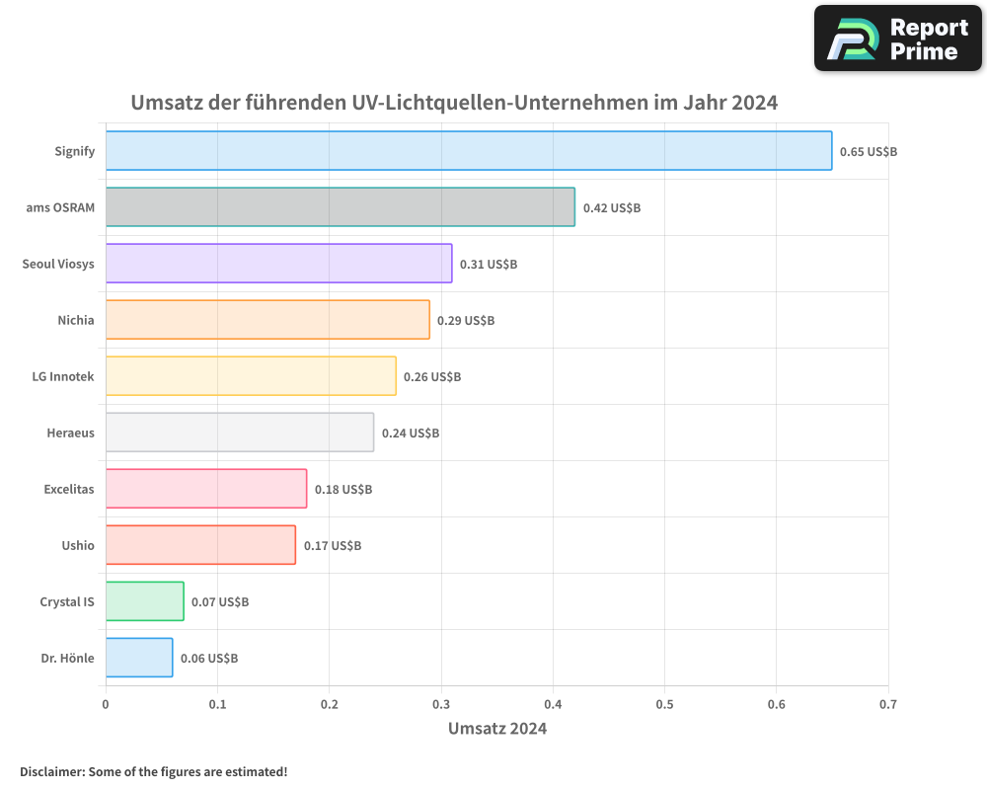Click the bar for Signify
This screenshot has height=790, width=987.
pos(469,151)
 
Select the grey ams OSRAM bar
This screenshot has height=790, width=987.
pos(340,207)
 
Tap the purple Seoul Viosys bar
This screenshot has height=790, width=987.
pos(278,264)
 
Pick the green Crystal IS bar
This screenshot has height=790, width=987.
pos(144,601)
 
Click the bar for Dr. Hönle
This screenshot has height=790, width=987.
pos(139,658)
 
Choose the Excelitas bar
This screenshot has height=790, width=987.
pos(206,489)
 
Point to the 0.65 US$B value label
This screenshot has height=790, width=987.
pos(868,152)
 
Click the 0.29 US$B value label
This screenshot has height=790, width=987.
pos(466,321)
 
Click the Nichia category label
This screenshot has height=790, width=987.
pos(76,320)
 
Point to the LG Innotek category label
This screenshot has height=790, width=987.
pos(63,376)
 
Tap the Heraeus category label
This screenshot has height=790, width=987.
pos(70,433)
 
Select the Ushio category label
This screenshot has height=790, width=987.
pos(78,545)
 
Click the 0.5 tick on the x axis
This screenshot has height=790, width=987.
pos(664,705)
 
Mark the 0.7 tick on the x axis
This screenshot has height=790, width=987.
pos(887,705)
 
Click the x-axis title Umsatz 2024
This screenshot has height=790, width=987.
pos(496,729)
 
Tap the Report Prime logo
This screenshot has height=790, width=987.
pos(897,39)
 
